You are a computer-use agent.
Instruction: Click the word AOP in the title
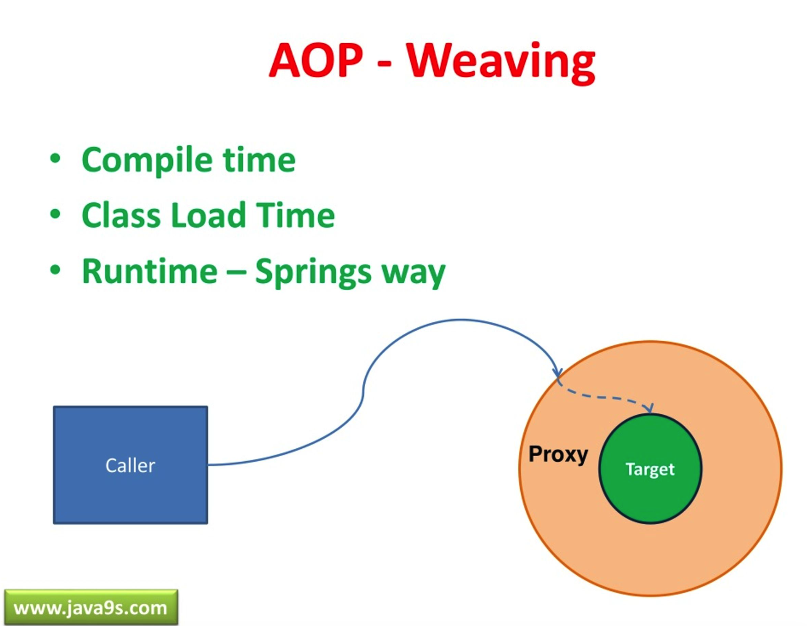[316, 61]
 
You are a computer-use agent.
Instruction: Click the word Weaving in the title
[500, 62]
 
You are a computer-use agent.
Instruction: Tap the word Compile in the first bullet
[148, 160]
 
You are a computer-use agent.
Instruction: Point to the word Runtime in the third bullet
[150, 271]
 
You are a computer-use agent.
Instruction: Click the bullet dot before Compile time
[55, 159]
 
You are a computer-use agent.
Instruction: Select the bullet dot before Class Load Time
[55, 214]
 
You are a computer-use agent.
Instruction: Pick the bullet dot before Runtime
[55, 270]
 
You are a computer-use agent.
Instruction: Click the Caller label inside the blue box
[130, 466]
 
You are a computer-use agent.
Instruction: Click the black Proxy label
[558, 455]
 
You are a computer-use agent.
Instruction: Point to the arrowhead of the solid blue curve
[557, 373]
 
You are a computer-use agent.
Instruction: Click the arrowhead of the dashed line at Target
[650, 408]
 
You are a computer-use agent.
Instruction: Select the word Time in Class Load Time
[295, 215]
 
